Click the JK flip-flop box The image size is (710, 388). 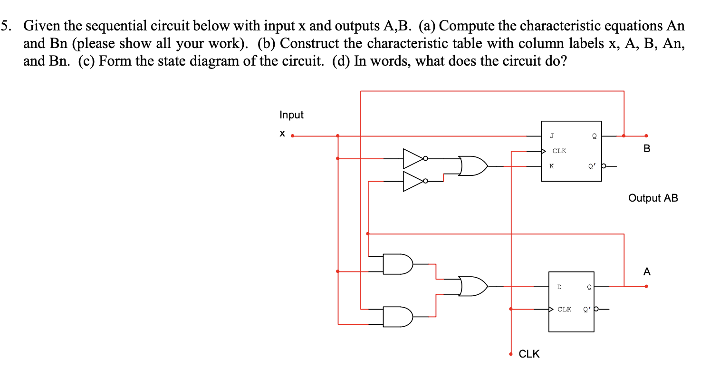coord(571,151)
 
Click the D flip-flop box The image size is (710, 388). coord(571,301)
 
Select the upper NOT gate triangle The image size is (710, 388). coord(413,158)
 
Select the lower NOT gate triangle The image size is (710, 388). coord(413,181)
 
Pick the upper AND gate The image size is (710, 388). coord(398,264)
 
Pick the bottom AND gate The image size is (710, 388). coord(398,317)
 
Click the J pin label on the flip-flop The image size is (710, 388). coord(551,136)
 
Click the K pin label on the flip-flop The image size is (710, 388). coord(551,166)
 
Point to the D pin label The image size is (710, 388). coord(559,287)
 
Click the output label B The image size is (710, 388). coord(646,149)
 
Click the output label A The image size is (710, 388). coord(646,272)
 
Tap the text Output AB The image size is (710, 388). coord(652,198)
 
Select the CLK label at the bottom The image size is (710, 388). coord(529,354)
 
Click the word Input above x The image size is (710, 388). coord(291,115)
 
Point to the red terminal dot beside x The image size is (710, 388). coord(293,136)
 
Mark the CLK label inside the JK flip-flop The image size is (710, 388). coord(559,151)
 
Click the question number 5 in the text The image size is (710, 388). coord(4,25)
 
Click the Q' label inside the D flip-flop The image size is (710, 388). coord(587,309)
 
